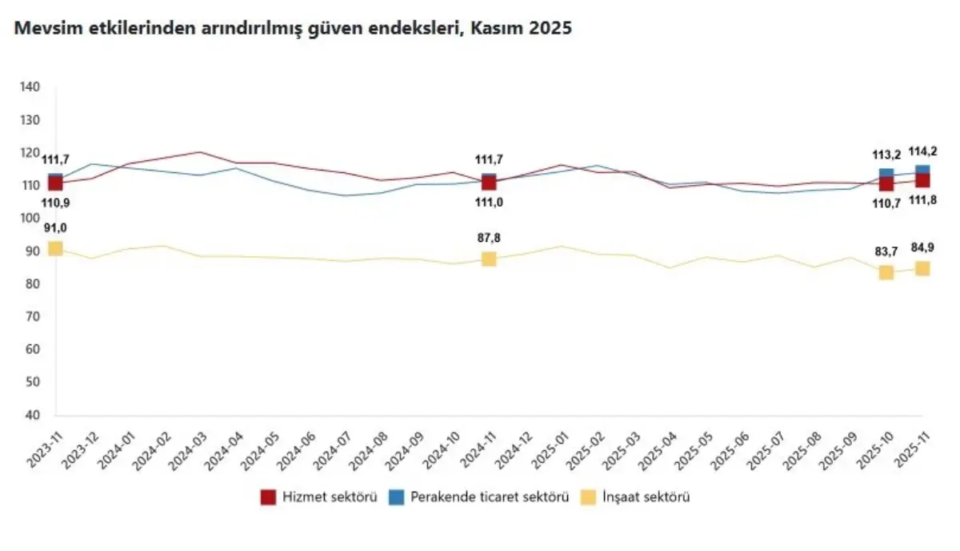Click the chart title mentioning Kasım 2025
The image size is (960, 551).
pos(292,28)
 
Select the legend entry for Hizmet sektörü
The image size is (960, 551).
pos(318,497)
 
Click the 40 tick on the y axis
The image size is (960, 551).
pos(32,416)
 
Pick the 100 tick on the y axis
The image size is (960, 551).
pos(30,219)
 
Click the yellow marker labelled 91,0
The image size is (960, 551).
pos(55,248)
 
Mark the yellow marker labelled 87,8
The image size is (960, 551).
pos(489,259)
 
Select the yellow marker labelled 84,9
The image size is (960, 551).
pos(922,268)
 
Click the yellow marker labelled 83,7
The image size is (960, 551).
pos(886,272)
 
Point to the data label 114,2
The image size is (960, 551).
pos(922,151)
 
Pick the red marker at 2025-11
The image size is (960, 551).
pos(922,180)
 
